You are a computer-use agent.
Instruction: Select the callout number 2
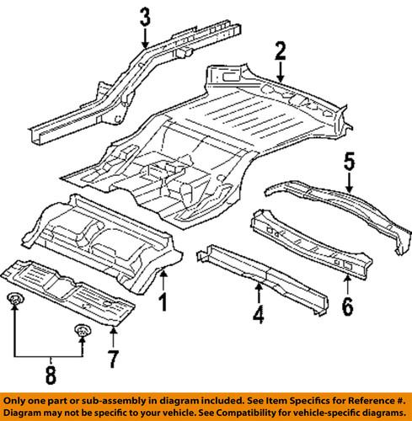click(x=280, y=55)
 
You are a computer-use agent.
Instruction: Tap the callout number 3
click(x=145, y=16)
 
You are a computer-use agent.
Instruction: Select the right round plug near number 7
click(x=83, y=330)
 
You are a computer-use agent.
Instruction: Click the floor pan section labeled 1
click(x=101, y=236)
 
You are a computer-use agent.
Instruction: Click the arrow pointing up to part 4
click(x=259, y=295)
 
